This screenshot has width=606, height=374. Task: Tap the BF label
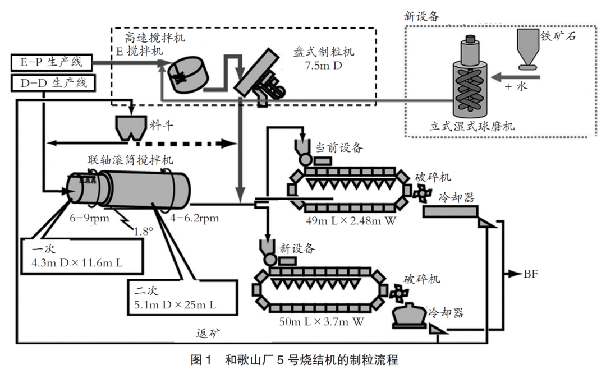[530, 274]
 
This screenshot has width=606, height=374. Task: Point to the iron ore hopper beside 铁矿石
[526, 50]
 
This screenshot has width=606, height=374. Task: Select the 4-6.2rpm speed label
[194, 217]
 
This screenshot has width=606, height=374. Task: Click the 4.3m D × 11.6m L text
[77, 261]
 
